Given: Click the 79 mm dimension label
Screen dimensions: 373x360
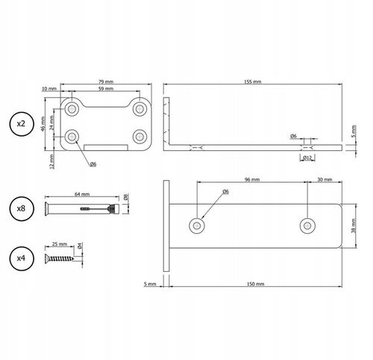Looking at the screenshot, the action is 106,81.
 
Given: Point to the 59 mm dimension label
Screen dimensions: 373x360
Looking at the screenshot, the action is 106,89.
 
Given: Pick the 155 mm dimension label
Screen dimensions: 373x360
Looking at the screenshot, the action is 253,81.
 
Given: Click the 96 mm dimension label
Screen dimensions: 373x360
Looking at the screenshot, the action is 252,179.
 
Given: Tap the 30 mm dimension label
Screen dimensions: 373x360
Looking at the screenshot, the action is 325,179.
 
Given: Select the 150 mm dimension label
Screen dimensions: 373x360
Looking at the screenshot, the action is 255,284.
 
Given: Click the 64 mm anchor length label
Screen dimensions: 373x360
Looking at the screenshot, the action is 82,194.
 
